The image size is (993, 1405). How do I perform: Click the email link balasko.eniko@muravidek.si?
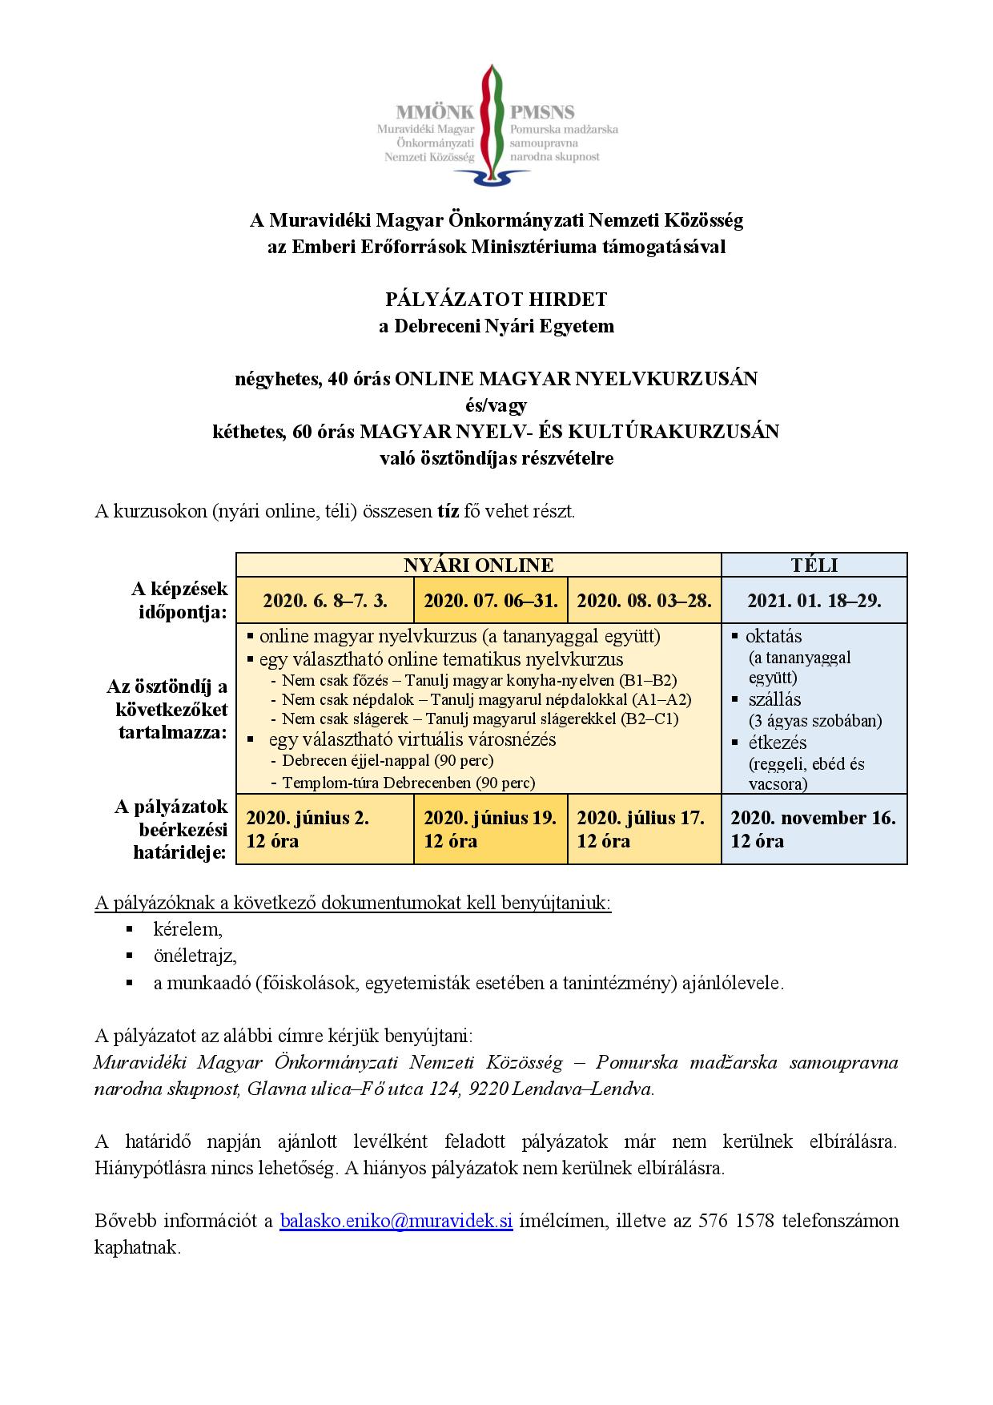pyautogui.click(x=396, y=1222)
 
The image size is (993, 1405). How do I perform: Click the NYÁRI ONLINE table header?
pyautogui.click(x=478, y=565)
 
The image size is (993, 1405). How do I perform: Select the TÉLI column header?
pyautogui.click(x=814, y=565)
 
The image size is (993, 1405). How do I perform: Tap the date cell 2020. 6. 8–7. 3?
pyautogui.click(x=325, y=601)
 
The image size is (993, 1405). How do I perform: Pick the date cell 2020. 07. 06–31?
pyautogui.click(x=490, y=601)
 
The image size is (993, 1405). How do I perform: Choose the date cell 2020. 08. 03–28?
pyautogui.click(x=644, y=601)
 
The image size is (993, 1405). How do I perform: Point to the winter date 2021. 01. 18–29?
pyautogui.click(x=814, y=601)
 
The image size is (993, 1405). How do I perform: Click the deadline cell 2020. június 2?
pyautogui.click(x=308, y=818)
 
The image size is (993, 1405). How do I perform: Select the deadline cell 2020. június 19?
pyautogui.click(x=489, y=818)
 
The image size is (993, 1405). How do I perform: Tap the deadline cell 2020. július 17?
pyautogui.click(x=641, y=818)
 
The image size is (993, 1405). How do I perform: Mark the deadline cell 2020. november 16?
pyautogui.click(x=813, y=818)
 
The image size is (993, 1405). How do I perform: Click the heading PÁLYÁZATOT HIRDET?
pyautogui.click(x=496, y=300)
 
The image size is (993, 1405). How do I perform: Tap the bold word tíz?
pyautogui.click(x=448, y=511)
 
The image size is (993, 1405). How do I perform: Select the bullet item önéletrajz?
pyautogui.click(x=195, y=956)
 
